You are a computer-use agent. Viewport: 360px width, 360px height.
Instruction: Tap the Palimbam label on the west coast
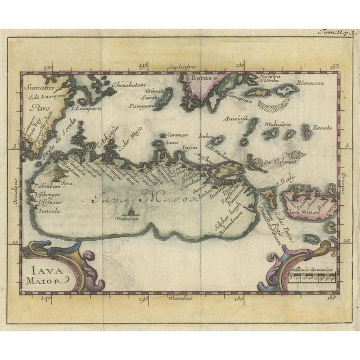point(42,183)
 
